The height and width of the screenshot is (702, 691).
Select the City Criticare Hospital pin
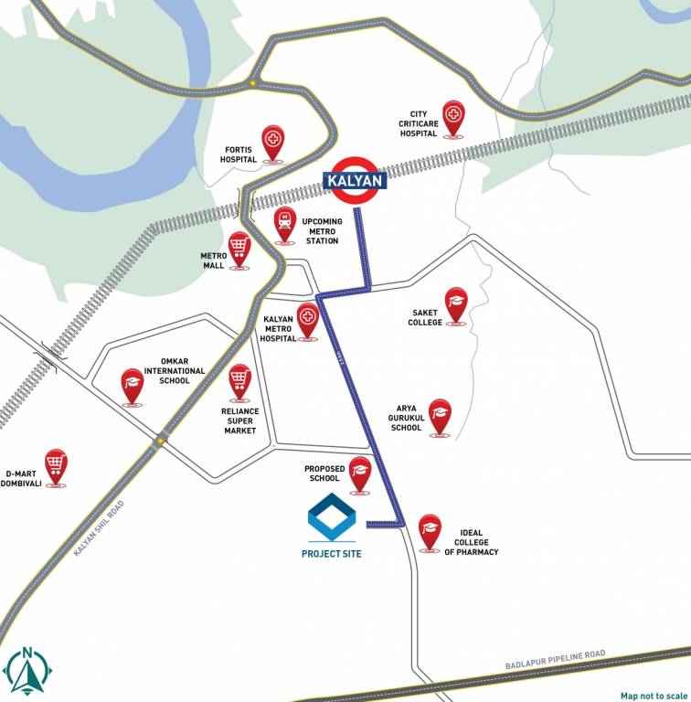pos(453,119)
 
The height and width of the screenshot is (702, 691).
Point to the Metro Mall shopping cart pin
pos(239,248)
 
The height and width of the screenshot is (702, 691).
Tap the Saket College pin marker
pos(456,305)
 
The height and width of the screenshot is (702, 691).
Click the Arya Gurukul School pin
pos(441,416)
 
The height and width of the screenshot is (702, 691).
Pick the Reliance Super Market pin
pos(239,381)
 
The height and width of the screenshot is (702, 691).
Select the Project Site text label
pos(331,553)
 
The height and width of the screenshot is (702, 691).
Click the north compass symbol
pos(28,671)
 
